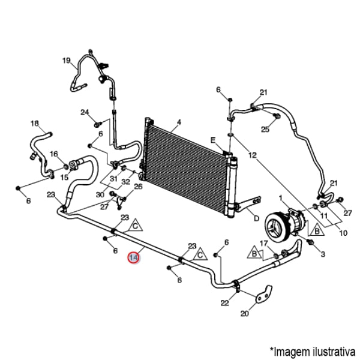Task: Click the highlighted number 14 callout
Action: coord(134,257)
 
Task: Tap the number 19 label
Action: coord(67,60)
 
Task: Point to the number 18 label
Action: coord(34,124)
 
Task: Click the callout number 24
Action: coord(85,112)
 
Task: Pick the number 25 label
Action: coord(265,129)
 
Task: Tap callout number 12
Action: coord(252,155)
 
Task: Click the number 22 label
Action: coord(224,303)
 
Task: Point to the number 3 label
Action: coord(323,254)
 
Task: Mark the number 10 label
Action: coord(343,233)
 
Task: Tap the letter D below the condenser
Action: coord(256,218)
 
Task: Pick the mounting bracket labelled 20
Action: coord(262,297)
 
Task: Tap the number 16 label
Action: coord(54,154)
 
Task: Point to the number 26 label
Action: coord(138,186)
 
